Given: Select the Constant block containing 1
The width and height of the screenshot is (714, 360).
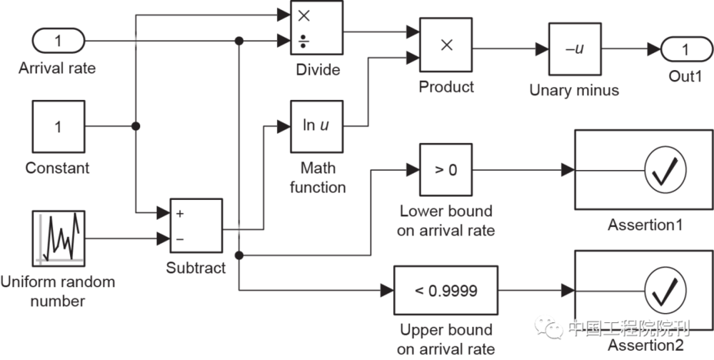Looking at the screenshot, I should tap(58, 127).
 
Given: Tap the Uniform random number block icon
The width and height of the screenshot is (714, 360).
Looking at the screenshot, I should tap(58, 237).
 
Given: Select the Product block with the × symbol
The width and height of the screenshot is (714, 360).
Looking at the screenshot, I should tap(446, 45).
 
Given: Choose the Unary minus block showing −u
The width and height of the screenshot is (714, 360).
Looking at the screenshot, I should tap(575, 49).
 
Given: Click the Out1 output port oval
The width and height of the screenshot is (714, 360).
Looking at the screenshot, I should tap(685, 49).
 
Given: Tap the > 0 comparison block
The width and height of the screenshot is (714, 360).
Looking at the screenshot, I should tap(446, 170).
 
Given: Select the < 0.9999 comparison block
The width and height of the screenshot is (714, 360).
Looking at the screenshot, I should tap(446, 291).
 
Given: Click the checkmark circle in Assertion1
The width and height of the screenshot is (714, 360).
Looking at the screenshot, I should tap(665, 170).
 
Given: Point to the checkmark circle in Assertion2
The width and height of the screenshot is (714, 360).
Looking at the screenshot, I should tap(665, 291).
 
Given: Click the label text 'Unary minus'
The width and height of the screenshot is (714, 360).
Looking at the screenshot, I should tap(574, 91).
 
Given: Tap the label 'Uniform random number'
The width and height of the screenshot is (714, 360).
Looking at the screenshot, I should tap(58, 291).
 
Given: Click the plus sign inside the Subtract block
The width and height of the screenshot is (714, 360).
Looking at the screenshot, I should tap(179, 213).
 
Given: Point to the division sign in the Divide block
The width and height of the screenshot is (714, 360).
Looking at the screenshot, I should tap(303, 42).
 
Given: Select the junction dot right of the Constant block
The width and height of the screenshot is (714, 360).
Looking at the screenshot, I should tap(136, 126).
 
